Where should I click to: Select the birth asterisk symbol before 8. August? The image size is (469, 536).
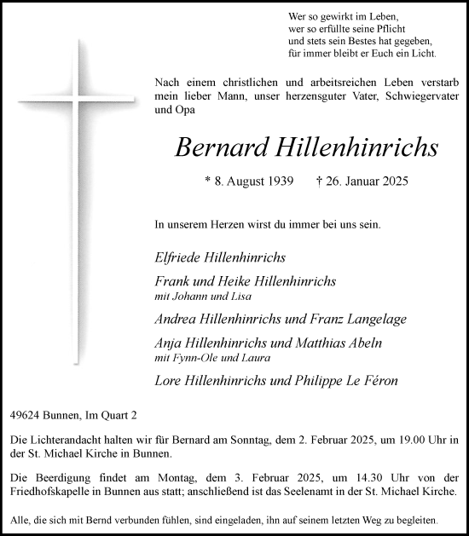(x=207, y=181)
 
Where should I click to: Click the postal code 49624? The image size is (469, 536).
(x=24, y=415)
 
